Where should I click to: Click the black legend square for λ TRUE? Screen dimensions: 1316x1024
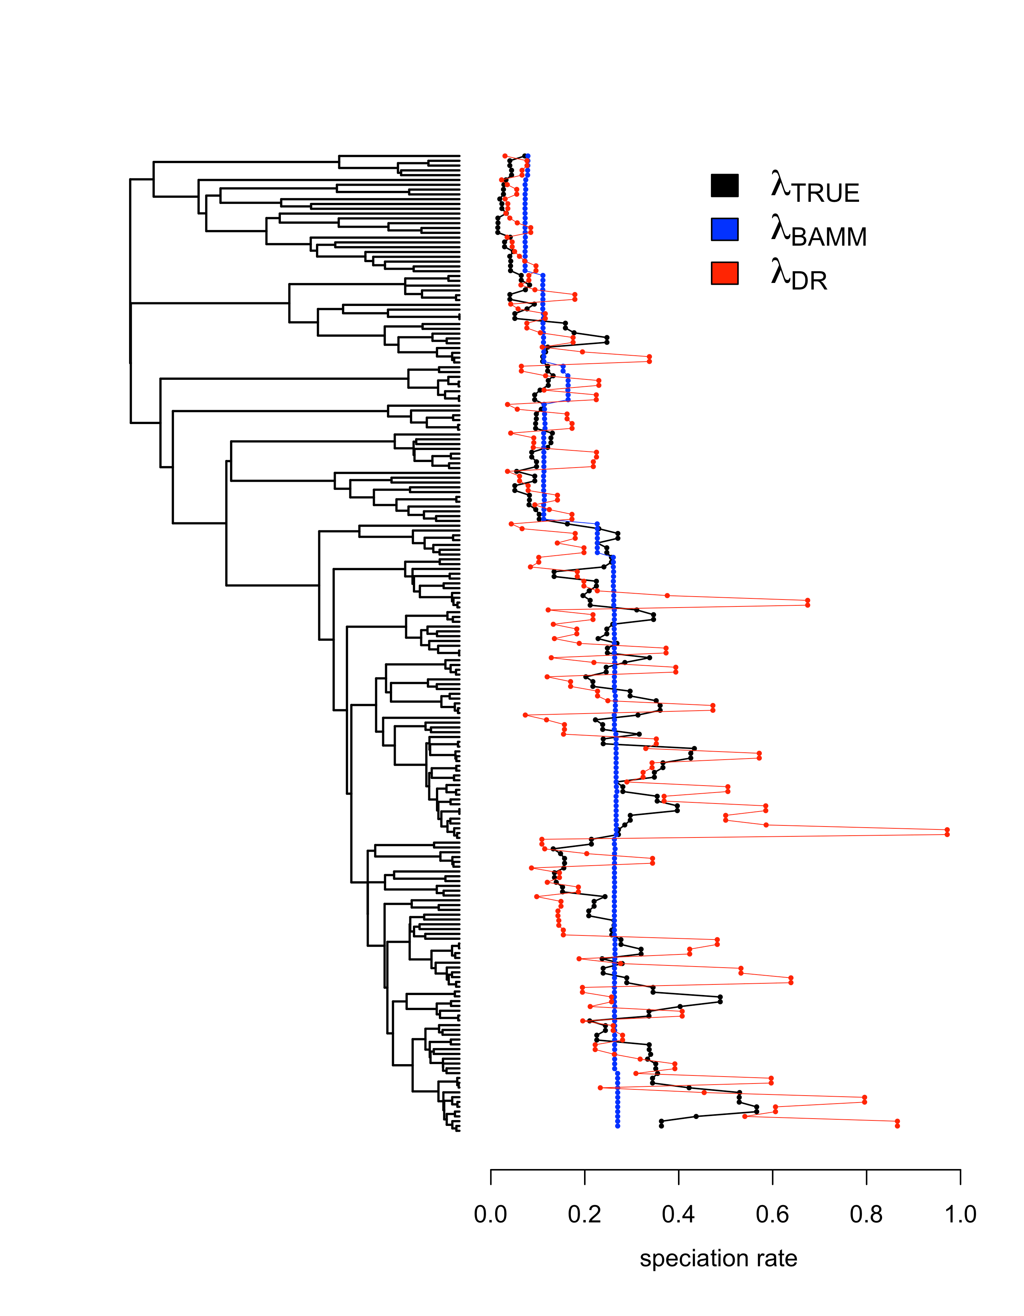(x=724, y=186)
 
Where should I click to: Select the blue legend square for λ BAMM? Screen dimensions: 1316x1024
(x=724, y=230)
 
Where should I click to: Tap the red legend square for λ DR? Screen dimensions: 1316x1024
(x=724, y=273)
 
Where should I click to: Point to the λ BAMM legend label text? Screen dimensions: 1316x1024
(x=818, y=232)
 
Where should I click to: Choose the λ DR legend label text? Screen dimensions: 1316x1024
(x=799, y=276)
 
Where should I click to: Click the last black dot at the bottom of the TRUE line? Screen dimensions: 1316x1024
(x=661, y=1126)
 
